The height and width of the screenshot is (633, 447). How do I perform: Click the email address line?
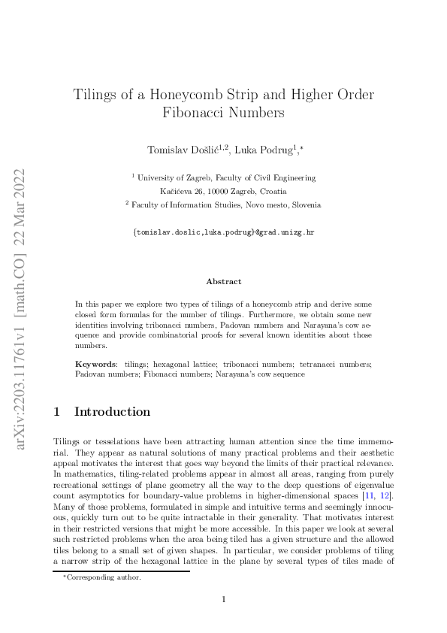tap(223, 232)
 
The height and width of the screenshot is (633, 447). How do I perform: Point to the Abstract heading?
tap(223, 281)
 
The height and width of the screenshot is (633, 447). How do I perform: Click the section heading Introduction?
tap(113, 412)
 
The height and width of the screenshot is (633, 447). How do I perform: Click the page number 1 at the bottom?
tap(223, 598)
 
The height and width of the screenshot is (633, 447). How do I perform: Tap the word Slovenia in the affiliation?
tap(305, 204)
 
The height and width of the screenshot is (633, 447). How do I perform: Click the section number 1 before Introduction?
tap(58, 412)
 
